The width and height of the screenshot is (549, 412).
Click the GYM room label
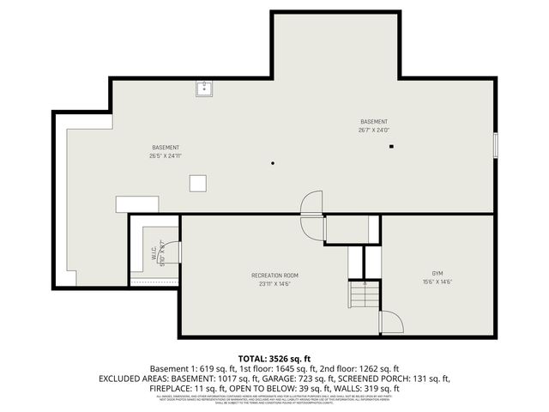[x=437, y=274]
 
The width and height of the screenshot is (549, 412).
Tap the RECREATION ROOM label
[x=274, y=275]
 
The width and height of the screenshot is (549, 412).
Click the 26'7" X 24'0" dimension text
[x=374, y=130]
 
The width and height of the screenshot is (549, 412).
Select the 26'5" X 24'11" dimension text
[x=166, y=156]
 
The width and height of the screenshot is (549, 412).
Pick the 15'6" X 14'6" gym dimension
[x=437, y=282]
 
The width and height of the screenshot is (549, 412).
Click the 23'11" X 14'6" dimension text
[x=274, y=283]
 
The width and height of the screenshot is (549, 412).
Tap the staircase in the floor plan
[x=363, y=296]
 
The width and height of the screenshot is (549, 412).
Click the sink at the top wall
[x=205, y=88]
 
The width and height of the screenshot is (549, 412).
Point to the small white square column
[x=198, y=183]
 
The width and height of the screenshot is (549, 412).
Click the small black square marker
[x=391, y=147]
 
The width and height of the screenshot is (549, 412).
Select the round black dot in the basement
[x=273, y=162]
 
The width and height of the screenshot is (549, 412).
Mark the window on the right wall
[x=495, y=144]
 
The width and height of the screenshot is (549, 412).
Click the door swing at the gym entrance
[x=391, y=322]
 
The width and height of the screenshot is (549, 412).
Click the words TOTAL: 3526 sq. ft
[x=274, y=357]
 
